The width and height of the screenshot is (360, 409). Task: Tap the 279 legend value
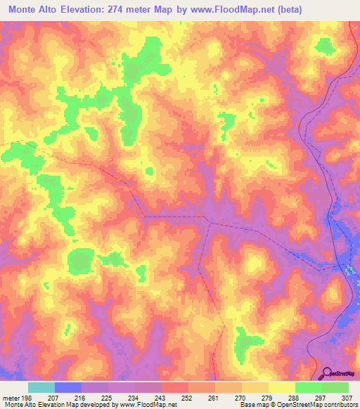coord(266,398)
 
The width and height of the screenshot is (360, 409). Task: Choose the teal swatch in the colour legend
coord(41,387)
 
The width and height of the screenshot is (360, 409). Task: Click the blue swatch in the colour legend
coord(68,387)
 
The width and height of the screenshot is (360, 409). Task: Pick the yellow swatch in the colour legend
coord(281,387)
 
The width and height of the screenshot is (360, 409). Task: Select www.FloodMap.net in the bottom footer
coord(148,405)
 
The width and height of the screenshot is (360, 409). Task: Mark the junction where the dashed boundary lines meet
coord(207,219)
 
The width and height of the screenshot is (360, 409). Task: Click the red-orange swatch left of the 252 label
coord(174,387)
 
